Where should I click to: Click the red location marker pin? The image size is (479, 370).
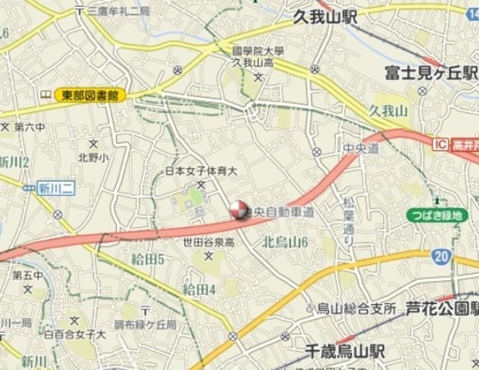[238, 210]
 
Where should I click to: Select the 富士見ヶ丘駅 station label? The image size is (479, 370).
[430, 73]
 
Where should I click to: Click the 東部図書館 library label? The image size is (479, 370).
[90, 95]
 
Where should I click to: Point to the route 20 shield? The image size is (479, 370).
[441, 256]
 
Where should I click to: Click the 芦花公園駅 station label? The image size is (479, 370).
[442, 307]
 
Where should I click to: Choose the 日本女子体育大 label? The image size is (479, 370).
[201, 171]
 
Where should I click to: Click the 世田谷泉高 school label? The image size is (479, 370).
[209, 242]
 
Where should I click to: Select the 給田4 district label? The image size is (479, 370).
[199, 289]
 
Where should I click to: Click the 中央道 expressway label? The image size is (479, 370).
[361, 149]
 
